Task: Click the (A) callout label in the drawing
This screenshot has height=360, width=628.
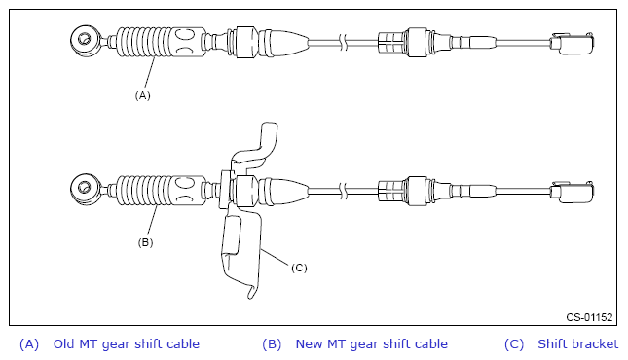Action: click(x=142, y=95)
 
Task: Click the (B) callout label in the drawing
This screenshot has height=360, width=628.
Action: click(x=145, y=242)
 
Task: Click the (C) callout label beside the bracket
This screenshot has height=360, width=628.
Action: click(x=299, y=268)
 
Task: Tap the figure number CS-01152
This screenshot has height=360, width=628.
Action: click(x=589, y=317)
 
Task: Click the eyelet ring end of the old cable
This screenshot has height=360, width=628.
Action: click(x=85, y=40)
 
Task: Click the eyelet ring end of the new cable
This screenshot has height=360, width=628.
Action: click(x=85, y=188)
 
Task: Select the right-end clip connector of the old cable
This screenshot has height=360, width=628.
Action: click(x=573, y=43)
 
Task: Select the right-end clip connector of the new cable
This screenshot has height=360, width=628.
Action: click(x=573, y=192)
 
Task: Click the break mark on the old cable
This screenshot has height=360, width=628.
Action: click(x=344, y=42)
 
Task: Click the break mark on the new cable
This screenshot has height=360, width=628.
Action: click(x=344, y=191)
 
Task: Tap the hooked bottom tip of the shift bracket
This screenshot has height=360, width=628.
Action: click(x=251, y=292)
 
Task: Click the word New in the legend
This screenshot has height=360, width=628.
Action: click(x=310, y=344)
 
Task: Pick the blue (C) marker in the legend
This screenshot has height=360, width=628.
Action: click(x=514, y=344)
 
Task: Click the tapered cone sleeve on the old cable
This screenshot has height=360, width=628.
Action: click(x=283, y=42)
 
